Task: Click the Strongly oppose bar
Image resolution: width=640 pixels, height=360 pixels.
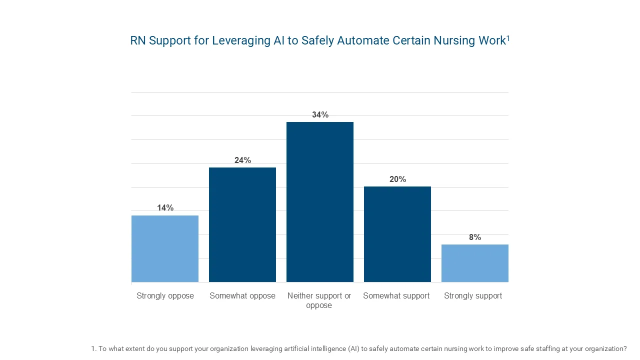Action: coord(165,248)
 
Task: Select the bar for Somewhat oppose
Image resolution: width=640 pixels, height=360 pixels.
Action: coord(242,224)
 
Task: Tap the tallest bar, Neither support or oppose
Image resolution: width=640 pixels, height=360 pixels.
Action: coord(320,202)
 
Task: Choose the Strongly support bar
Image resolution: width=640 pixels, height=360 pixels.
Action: coord(475,263)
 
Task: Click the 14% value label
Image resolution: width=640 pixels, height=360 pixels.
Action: coord(165,208)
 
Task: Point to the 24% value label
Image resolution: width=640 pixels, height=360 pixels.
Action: coord(242,160)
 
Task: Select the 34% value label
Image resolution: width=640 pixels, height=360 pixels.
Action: coord(320,115)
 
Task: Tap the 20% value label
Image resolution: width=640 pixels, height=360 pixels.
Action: coord(397,179)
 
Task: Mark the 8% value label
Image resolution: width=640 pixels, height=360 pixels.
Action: coord(475,237)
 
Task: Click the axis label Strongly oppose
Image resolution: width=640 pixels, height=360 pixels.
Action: coord(165,296)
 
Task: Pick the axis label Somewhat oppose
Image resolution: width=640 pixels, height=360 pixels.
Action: coord(242,296)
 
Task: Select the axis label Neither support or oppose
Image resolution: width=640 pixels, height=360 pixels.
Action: coord(319,300)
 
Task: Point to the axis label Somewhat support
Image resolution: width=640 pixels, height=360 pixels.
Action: coord(396,296)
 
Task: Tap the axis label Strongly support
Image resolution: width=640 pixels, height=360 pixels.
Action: coord(473,296)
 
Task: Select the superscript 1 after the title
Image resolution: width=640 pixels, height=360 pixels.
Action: coord(508,37)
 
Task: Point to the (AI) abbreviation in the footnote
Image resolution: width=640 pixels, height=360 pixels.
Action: coord(354,349)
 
